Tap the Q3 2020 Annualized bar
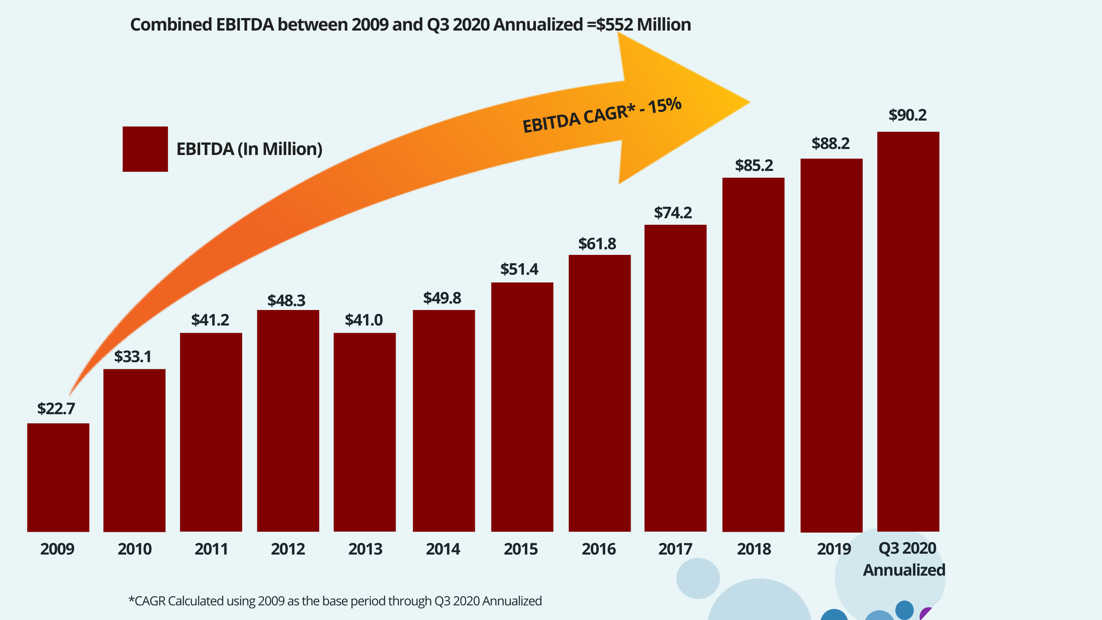click(908, 332)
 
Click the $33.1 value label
click(133, 357)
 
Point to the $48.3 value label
click(286, 301)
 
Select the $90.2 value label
click(907, 115)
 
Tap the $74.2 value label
click(673, 213)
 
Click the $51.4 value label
click(519, 270)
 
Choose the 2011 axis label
click(211, 549)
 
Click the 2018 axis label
click(754, 549)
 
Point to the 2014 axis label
click(443, 549)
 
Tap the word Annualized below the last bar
click(904, 570)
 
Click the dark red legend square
click(145, 149)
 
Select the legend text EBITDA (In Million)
click(249, 149)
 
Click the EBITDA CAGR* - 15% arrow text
click(602, 115)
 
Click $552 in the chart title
click(614, 25)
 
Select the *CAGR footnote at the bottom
click(335, 601)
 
